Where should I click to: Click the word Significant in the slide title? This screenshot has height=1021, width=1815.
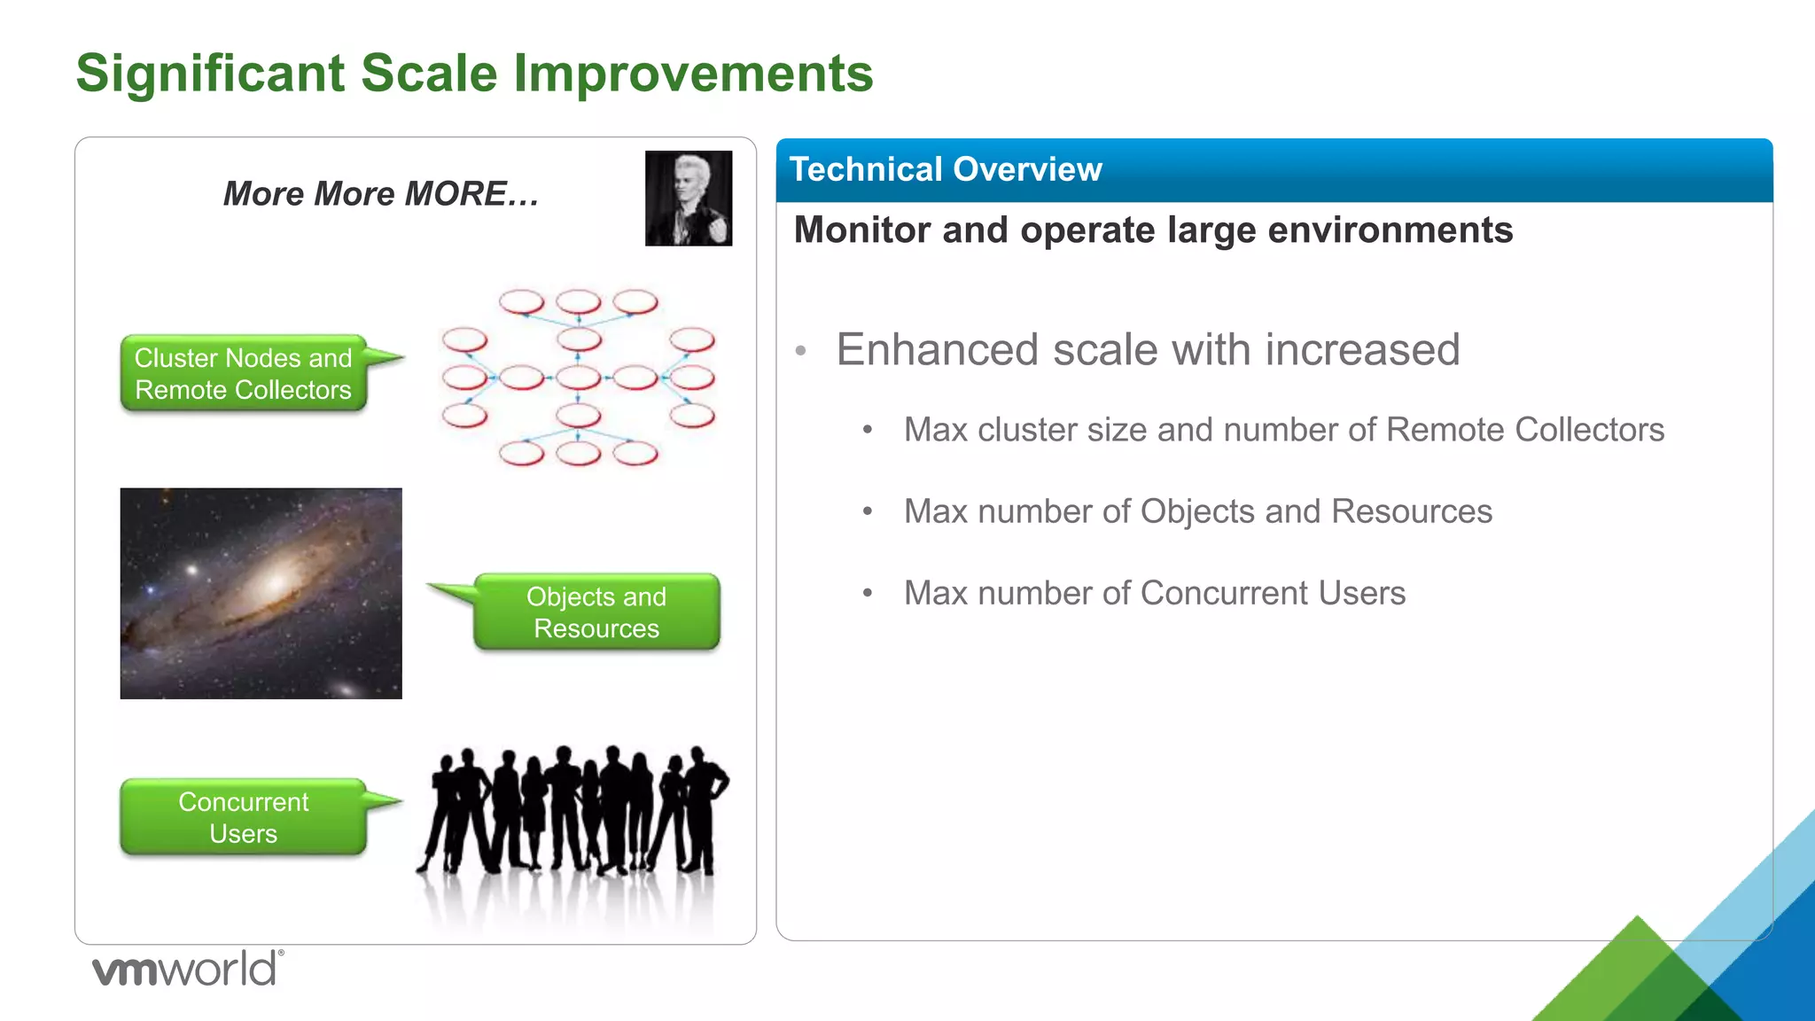tap(210, 73)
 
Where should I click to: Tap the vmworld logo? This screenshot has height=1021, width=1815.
tap(187, 969)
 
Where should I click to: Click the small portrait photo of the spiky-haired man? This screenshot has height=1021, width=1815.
tap(689, 199)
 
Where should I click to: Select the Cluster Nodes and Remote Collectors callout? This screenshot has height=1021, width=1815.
tap(244, 373)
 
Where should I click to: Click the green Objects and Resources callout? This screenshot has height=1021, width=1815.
tap(596, 612)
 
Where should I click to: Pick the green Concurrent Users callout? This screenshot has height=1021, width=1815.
tap(244, 817)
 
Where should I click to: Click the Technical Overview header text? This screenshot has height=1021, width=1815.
tap(945, 169)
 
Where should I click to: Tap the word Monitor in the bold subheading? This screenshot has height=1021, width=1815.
tap(862, 230)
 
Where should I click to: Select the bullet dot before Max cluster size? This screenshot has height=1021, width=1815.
tap(868, 431)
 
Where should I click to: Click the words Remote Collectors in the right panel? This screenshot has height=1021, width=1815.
tap(1524, 430)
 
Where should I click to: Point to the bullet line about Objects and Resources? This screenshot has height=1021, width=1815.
tap(1197, 511)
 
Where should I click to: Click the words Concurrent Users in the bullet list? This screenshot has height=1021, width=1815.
tap(1272, 593)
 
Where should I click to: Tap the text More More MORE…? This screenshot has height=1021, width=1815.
tap(381, 194)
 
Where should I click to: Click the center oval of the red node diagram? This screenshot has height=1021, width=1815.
tap(579, 378)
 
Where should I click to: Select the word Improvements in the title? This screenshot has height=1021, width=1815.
tap(693, 73)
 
